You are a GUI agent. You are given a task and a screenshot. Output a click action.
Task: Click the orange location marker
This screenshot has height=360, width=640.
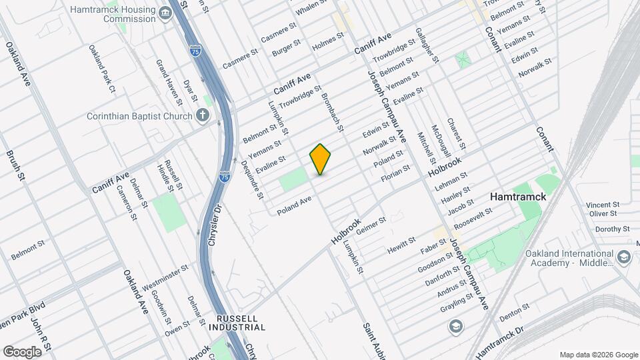(x=321, y=159)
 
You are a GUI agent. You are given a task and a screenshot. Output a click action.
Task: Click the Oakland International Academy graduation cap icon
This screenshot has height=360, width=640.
(x=624, y=257)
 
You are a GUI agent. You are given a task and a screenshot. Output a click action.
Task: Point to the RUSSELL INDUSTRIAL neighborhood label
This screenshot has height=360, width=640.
(x=237, y=323)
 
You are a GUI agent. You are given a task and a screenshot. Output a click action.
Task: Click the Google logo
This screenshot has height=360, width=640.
(x=22, y=352)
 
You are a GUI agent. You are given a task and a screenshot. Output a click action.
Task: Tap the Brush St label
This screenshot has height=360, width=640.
(x=15, y=165)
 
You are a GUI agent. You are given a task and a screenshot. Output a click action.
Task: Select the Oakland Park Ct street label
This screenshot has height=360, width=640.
(x=102, y=69)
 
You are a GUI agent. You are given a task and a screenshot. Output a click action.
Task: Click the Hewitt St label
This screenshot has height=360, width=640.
(x=402, y=245)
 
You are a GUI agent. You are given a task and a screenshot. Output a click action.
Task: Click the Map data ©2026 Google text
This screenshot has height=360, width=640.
(x=598, y=354)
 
